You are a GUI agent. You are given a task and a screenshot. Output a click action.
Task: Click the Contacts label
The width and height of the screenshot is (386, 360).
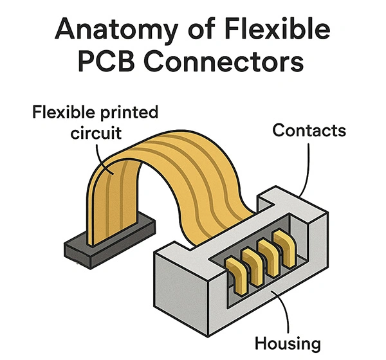309,130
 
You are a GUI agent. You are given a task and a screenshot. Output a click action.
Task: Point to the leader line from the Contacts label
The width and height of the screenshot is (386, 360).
308,167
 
